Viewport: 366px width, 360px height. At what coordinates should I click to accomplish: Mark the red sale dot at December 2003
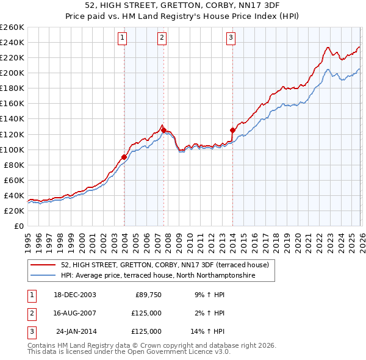pos(124,157)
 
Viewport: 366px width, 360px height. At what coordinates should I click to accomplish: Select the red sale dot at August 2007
pos(163,130)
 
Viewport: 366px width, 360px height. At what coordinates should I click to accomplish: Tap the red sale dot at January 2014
pos(232,130)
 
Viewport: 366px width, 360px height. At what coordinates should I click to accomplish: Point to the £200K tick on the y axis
pos(12,73)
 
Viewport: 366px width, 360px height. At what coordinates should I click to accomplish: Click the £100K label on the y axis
pos(12,149)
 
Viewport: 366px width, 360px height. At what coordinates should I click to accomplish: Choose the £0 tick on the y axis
pos(18,226)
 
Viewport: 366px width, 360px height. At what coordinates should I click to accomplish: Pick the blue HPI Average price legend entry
pos(157,276)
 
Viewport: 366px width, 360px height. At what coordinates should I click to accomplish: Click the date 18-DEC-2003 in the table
pos(74,295)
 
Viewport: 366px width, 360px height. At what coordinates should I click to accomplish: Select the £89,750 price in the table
pos(148,295)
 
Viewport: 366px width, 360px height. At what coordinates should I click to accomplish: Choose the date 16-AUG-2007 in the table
pos(74,313)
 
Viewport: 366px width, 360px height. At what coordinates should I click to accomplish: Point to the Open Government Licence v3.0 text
pos(177,352)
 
